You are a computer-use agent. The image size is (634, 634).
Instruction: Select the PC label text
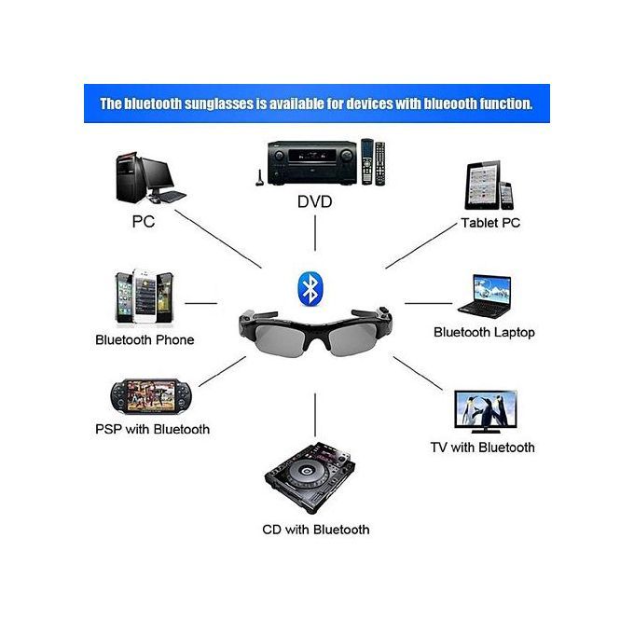click(143, 222)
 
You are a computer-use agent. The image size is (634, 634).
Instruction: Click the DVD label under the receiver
click(315, 201)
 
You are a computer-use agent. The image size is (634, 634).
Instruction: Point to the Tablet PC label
click(490, 223)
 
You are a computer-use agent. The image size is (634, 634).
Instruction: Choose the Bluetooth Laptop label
click(484, 332)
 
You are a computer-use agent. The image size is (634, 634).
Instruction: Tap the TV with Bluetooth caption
click(482, 448)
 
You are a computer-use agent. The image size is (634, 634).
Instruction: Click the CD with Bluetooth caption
click(315, 530)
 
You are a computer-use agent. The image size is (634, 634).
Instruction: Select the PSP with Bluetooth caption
click(152, 429)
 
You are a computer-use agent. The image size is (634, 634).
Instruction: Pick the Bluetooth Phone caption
click(145, 339)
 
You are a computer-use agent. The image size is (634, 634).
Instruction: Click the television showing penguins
click(484, 411)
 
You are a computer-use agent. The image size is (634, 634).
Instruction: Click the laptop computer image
click(483, 295)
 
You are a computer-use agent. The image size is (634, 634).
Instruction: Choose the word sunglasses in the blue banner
click(218, 103)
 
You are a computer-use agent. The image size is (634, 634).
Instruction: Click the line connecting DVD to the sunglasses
click(315, 233)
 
